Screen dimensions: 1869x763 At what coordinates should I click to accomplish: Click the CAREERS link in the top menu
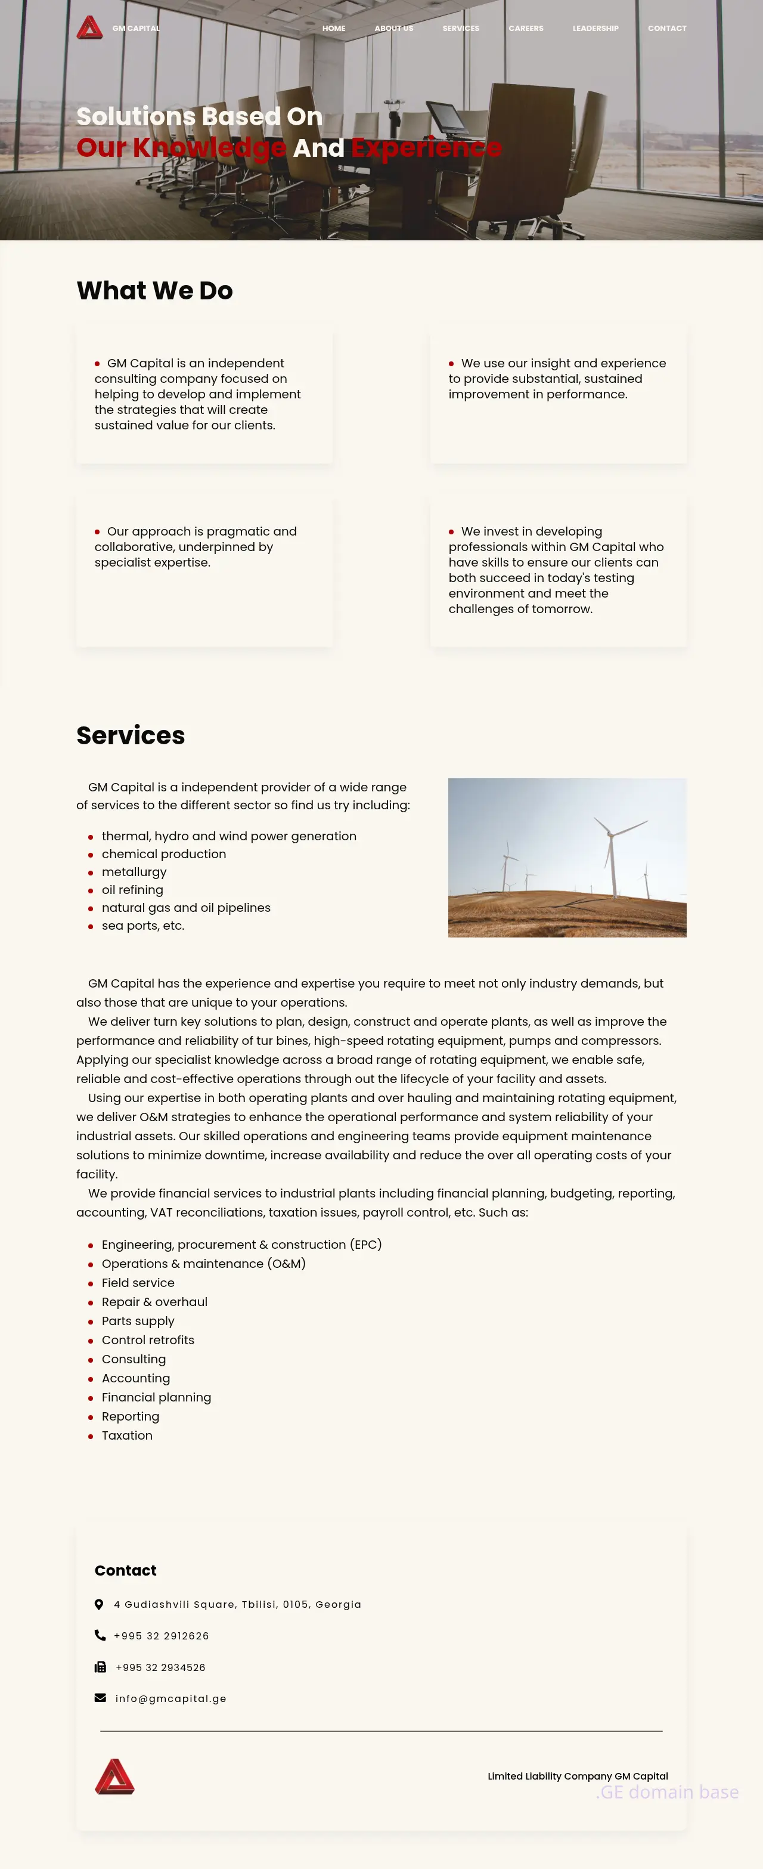[x=526, y=28]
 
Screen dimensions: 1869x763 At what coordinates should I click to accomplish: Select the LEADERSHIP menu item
[x=595, y=28]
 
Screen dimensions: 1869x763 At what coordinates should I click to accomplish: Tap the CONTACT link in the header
[x=666, y=28]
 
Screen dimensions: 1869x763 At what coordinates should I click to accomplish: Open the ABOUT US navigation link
[x=394, y=28]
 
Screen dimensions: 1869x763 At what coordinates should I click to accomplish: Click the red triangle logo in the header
[x=90, y=27]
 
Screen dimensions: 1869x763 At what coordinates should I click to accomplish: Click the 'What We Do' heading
[x=154, y=290]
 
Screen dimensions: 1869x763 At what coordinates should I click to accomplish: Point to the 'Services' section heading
[x=131, y=735]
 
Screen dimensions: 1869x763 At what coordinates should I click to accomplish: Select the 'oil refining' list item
[x=132, y=890]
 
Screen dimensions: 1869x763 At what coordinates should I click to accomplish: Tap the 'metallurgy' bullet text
[x=134, y=871]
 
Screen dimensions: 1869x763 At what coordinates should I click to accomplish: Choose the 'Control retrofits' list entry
[x=148, y=1339]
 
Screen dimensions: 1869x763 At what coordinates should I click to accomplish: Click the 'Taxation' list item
[x=127, y=1435]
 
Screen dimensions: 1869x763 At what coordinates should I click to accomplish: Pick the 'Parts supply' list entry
[x=138, y=1320]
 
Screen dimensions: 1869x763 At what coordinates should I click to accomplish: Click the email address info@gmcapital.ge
[x=170, y=1698]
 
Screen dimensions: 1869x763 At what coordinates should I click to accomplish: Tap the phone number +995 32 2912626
[x=161, y=1635]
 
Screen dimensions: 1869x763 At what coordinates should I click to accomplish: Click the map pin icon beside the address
[x=100, y=1604]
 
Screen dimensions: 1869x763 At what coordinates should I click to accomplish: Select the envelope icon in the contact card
[x=100, y=1698]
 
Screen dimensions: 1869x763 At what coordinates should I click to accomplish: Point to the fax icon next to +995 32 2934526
[x=100, y=1667]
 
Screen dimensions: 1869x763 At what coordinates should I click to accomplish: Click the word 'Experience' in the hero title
[x=426, y=147]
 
